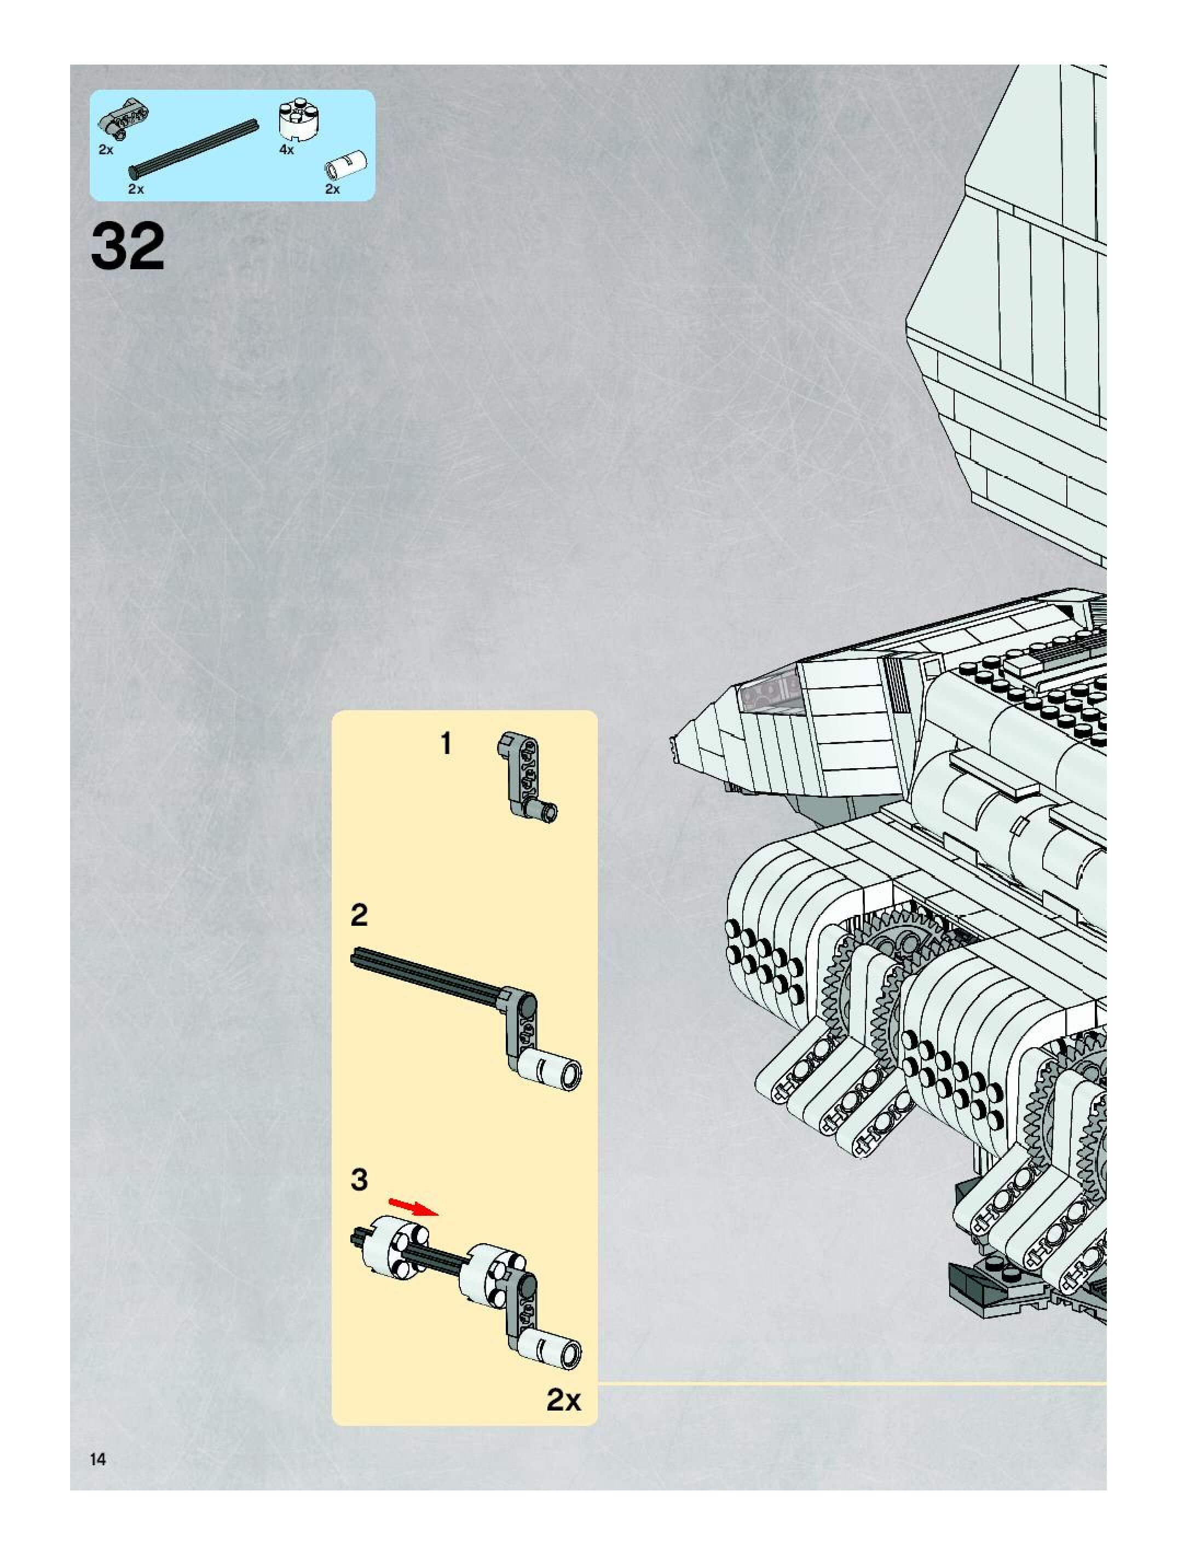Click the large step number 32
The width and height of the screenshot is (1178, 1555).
128,246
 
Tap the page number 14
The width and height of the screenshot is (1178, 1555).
98,1459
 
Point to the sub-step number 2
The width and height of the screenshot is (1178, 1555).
359,915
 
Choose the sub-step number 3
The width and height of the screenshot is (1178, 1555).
359,1180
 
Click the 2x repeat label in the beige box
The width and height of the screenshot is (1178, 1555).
563,1400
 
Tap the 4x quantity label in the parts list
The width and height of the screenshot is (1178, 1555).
286,150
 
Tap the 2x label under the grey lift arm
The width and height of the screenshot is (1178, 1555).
106,150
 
